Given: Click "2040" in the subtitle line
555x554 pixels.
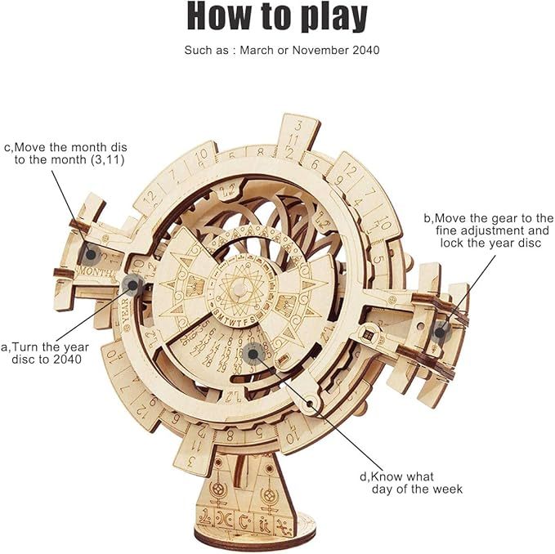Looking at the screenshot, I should click(x=364, y=51).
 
